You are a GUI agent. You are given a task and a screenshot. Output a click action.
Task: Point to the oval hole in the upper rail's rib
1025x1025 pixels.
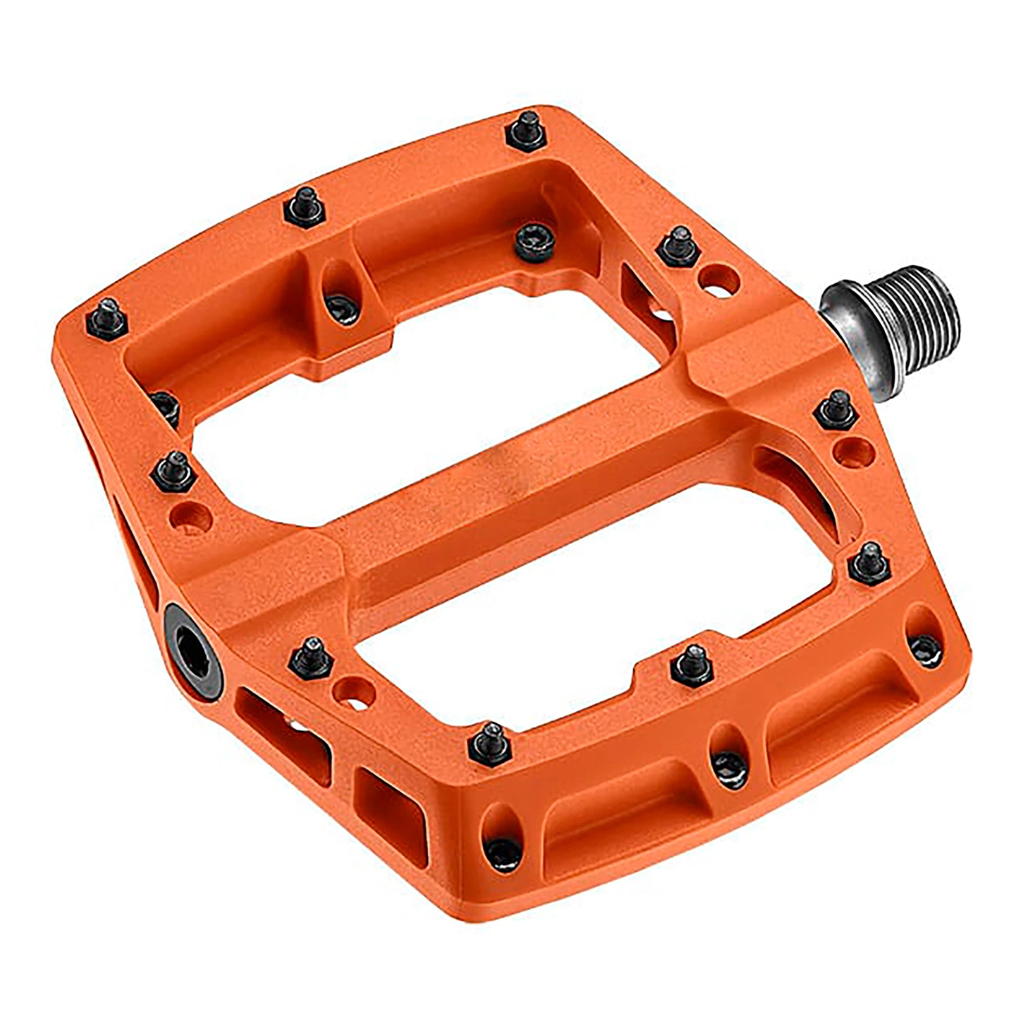click(340, 289)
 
